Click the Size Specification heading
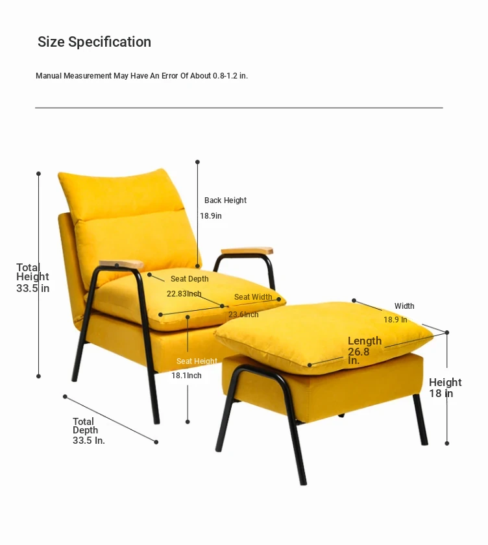click(x=94, y=42)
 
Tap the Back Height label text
click(x=225, y=200)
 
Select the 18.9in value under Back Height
click(x=211, y=216)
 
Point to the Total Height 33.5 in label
click(x=32, y=278)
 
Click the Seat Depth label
click(x=189, y=279)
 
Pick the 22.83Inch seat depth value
click(x=184, y=294)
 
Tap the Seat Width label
click(x=253, y=297)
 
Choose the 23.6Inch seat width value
click(x=243, y=315)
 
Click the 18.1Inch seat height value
click(x=186, y=376)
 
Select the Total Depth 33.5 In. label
click(x=89, y=431)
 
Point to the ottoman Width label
click(x=404, y=306)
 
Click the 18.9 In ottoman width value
click(x=395, y=320)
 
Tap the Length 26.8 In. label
click(x=365, y=350)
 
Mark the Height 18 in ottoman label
click(x=445, y=387)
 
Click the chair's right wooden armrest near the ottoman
click(x=247, y=250)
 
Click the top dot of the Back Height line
click(x=197, y=162)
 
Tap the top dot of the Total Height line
click(x=38, y=173)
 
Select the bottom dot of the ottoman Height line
click(x=447, y=443)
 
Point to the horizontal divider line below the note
click(x=239, y=108)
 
